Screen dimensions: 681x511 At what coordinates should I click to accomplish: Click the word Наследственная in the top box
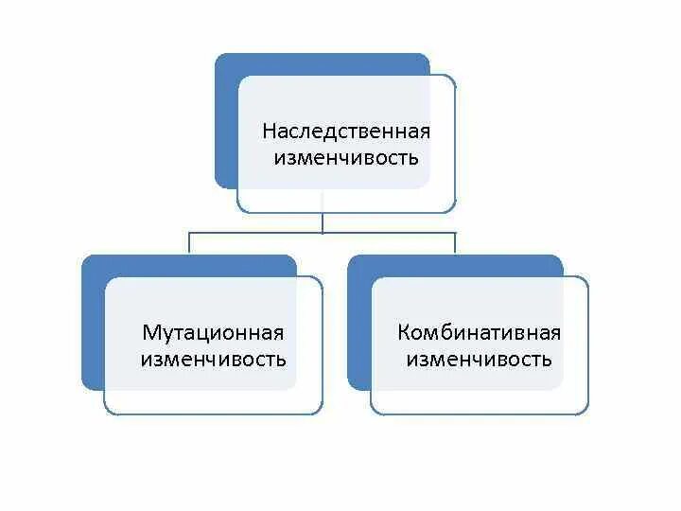(x=345, y=131)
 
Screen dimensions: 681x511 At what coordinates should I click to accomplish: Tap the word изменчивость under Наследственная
(x=345, y=157)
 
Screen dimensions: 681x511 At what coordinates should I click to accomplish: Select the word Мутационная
(x=213, y=333)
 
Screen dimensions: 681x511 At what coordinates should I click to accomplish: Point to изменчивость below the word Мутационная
(x=213, y=360)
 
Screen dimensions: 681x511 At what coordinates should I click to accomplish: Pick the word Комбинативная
(x=480, y=333)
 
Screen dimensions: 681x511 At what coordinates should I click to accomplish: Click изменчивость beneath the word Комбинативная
(x=480, y=360)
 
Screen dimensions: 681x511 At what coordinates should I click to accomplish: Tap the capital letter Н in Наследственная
(x=269, y=131)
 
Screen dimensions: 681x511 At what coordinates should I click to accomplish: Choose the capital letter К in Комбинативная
(x=404, y=333)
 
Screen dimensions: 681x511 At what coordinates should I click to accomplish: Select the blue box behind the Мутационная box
(x=93, y=322)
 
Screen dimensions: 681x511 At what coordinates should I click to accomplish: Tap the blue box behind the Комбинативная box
(x=359, y=322)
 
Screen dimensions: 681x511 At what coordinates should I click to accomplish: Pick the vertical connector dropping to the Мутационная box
(x=189, y=243)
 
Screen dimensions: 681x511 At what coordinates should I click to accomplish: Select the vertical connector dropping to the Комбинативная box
(x=455, y=243)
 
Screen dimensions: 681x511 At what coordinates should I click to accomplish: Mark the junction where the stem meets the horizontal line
(x=323, y=233)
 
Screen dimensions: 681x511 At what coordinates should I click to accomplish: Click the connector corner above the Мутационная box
(x=189, y=233)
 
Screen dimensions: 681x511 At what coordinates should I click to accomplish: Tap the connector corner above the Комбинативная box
(x=455, y=233)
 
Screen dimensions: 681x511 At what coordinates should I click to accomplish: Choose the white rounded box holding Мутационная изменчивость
(x=213, y=397)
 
